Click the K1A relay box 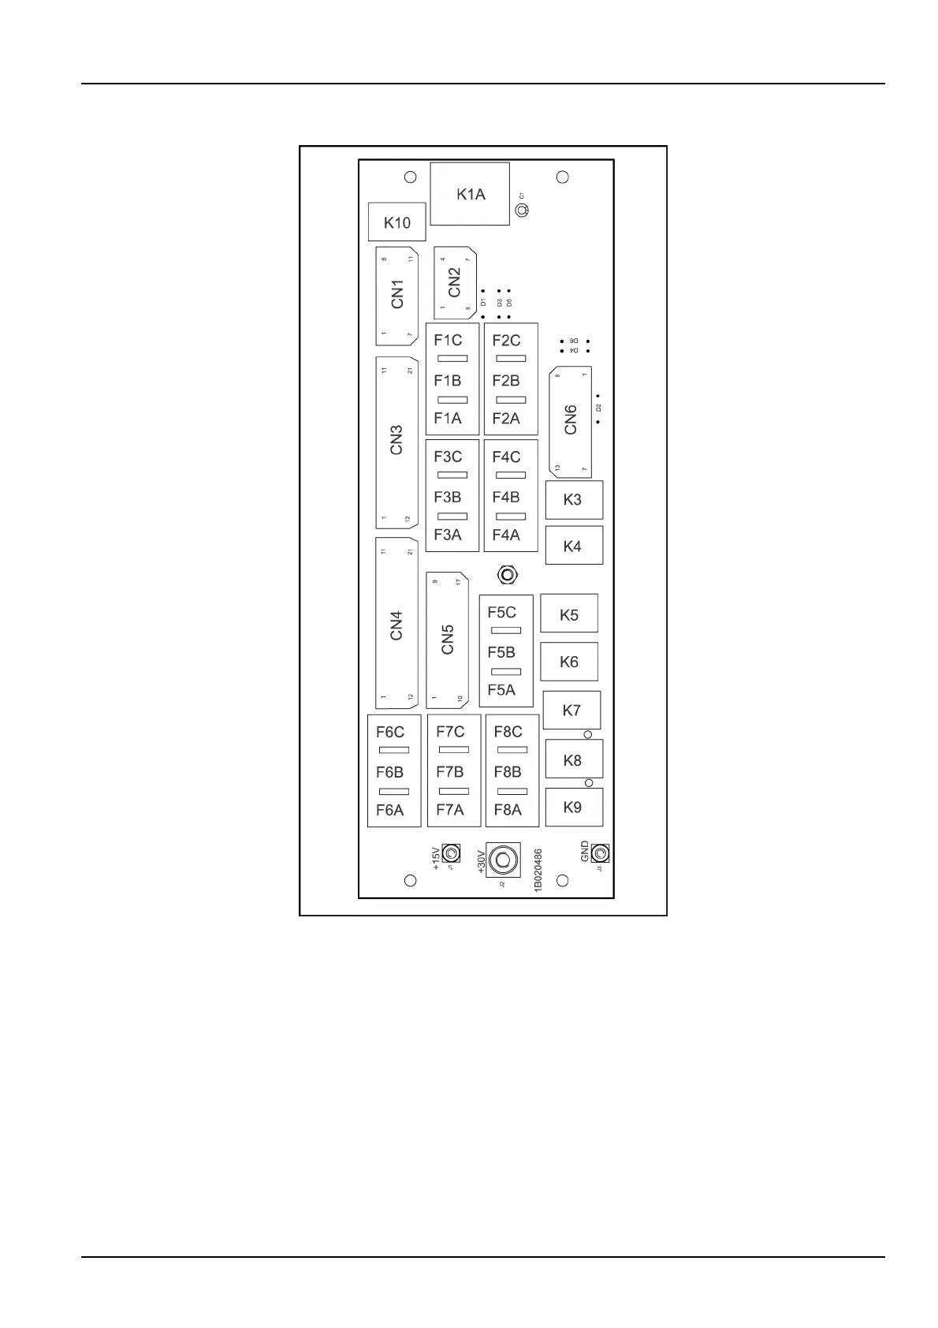point(470,194)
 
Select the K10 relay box point(396,222)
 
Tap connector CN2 point(455,282)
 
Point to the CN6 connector point(570,420)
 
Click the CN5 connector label point(448,640)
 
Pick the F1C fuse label point(448,341)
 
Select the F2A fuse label point(506,419)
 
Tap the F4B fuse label point(506,498)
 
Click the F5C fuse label point(501,613)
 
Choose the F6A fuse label point(389,810)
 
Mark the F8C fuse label point(508,732)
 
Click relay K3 point(573,500)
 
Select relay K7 point(571,711)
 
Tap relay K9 point(573,808)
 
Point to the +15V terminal point(451,854)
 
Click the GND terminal point(600,854)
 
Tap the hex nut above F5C point(508,575)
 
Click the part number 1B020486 point(538,870)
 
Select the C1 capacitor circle point(521,211)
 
